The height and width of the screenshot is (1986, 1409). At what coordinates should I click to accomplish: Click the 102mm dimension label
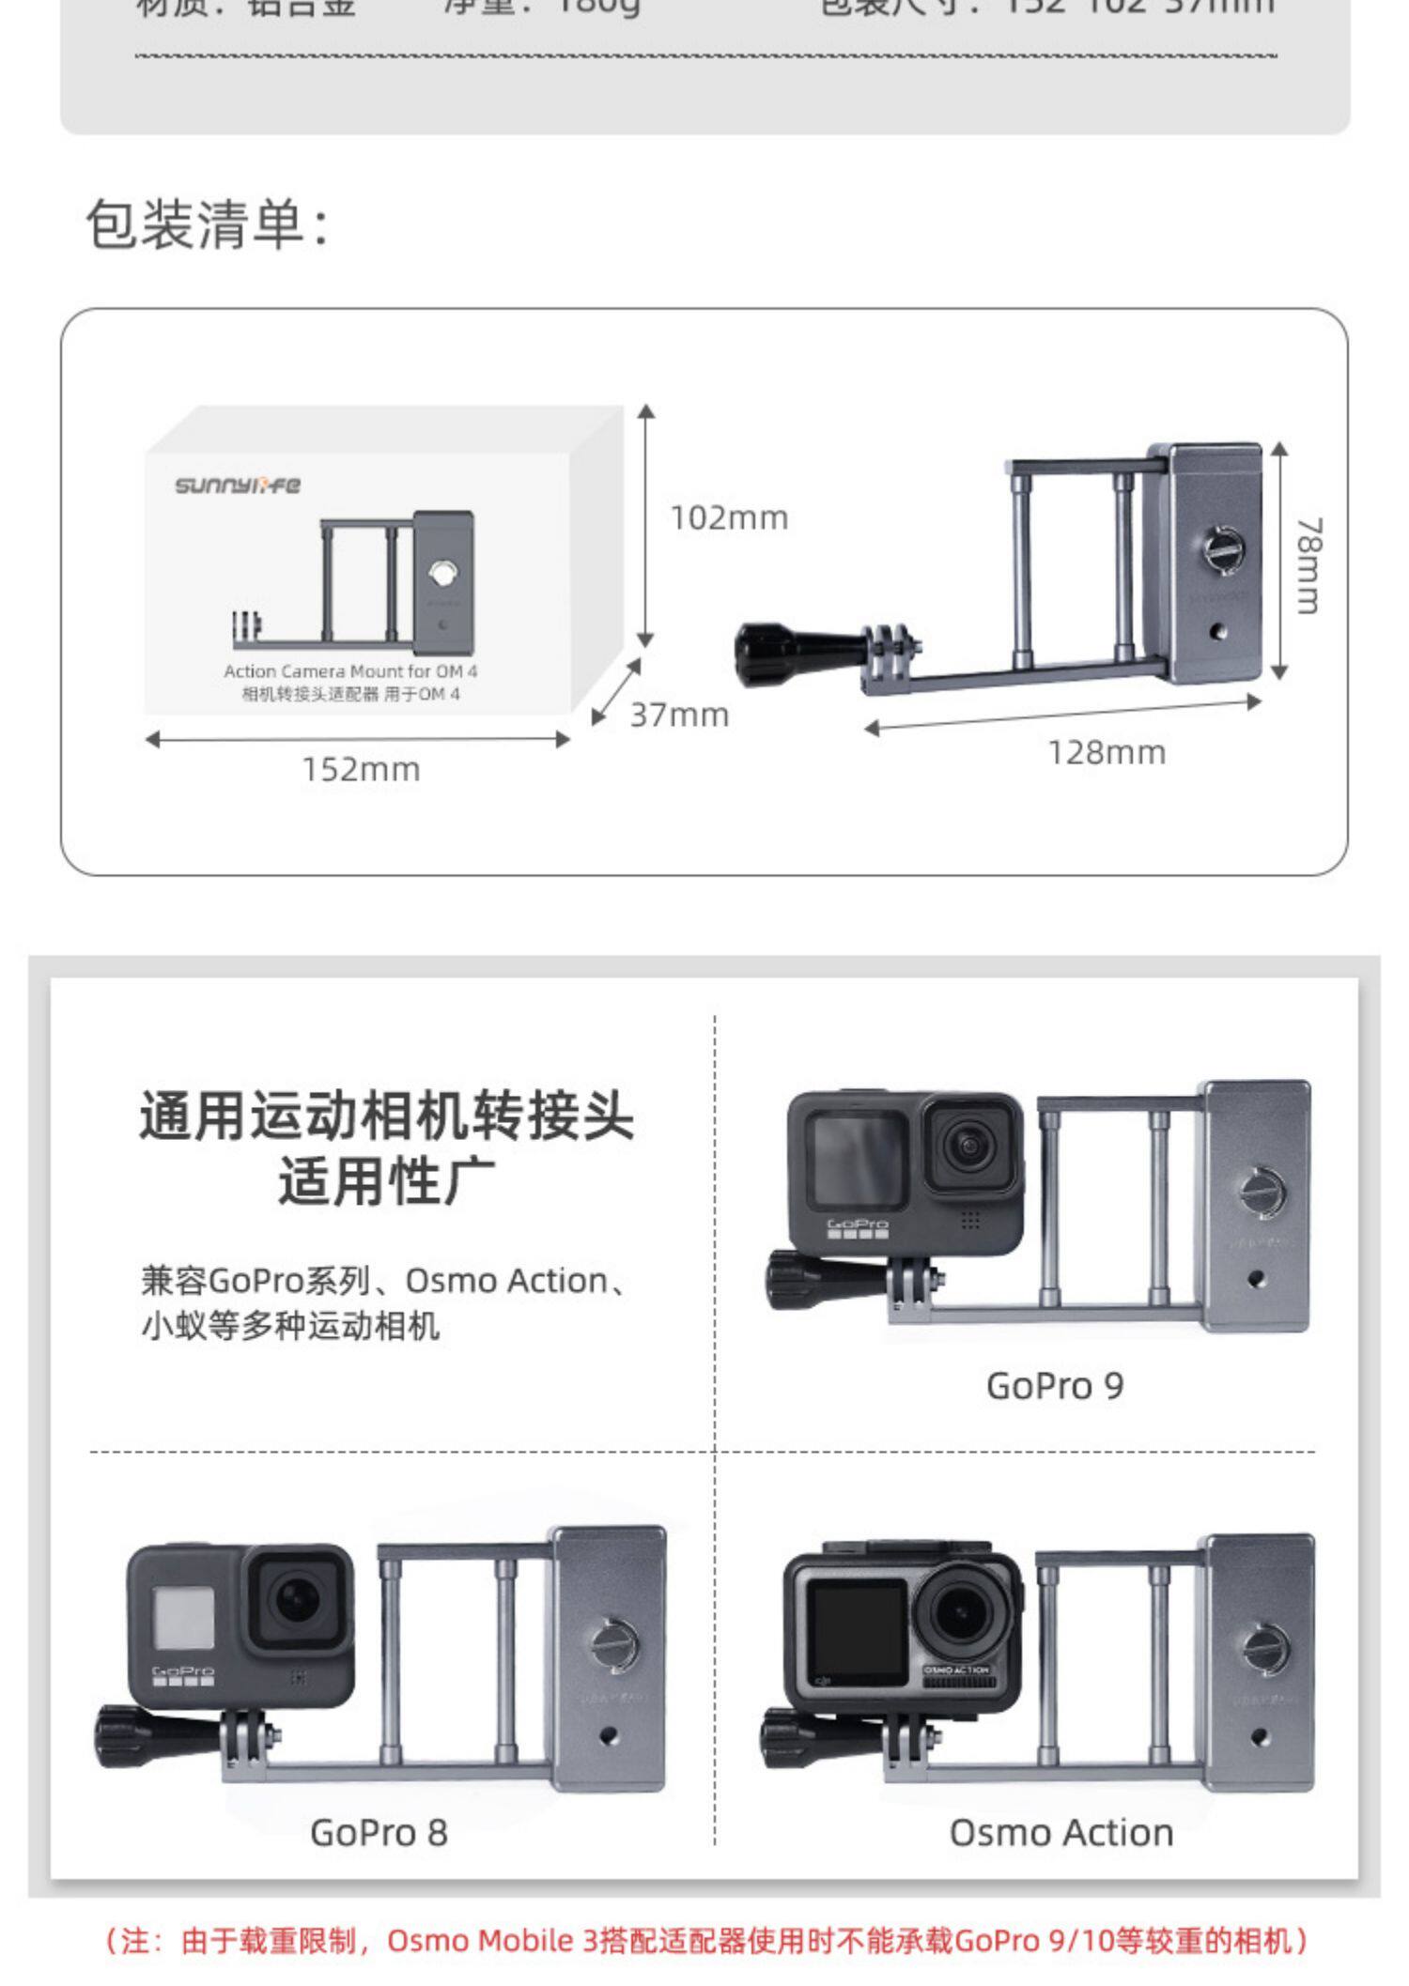pyautogui.click(x=729, y=517)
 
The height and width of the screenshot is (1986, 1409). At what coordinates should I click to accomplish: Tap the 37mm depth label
pyautogui.click(x=679, y=715)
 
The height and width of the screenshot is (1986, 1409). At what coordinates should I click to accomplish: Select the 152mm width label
pyautogui.click(x=361, y=769)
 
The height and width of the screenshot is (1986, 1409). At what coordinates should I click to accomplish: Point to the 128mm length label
pyautogui.click(x=1107, y=752)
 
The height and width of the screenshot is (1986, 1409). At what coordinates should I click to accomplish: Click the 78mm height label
pyautogui.click(x=1308, y=564)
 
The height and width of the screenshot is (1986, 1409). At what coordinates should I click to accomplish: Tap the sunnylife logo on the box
pyautogui.click(x=238, y=485)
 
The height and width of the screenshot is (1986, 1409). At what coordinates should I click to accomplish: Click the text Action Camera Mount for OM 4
pyautogui.click(x=350, y=671)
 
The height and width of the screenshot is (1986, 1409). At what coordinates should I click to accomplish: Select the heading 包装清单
pyautogui.click(x=208, y=225)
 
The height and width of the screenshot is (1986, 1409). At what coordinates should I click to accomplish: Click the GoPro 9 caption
pyautogui.click(x=1054, y=1386)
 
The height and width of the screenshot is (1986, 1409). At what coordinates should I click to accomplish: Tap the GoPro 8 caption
pyautogui.click(x=379, y=1832)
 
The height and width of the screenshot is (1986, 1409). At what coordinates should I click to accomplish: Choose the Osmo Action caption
pyautogui.click(x=1061, y=1832)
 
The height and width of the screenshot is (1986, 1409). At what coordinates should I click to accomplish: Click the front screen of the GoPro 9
pyautogui.click(x=857, y=1160)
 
